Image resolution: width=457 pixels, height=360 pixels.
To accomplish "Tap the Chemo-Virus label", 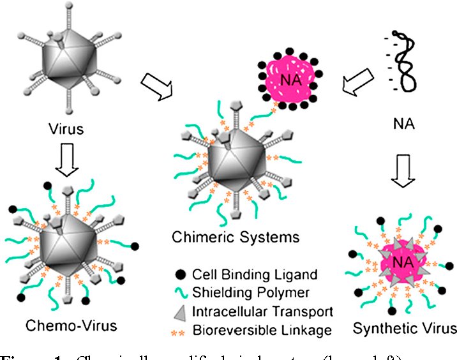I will click(71, 326).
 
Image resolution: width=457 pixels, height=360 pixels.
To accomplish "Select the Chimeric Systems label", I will click(236, 237).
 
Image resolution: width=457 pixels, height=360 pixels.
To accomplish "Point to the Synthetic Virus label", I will click(405, 328).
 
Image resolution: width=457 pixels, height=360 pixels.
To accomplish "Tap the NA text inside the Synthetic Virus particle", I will click(400, 264).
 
